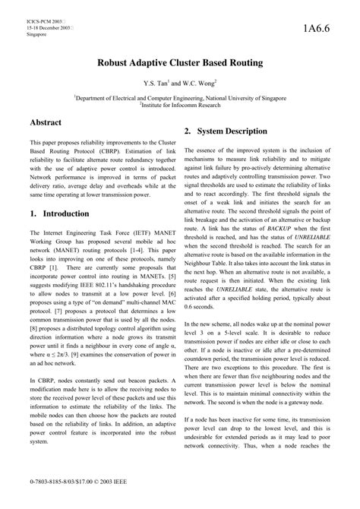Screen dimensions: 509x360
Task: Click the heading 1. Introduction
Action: coord(62,214)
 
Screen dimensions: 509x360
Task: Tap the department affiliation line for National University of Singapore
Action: coord(180,97)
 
